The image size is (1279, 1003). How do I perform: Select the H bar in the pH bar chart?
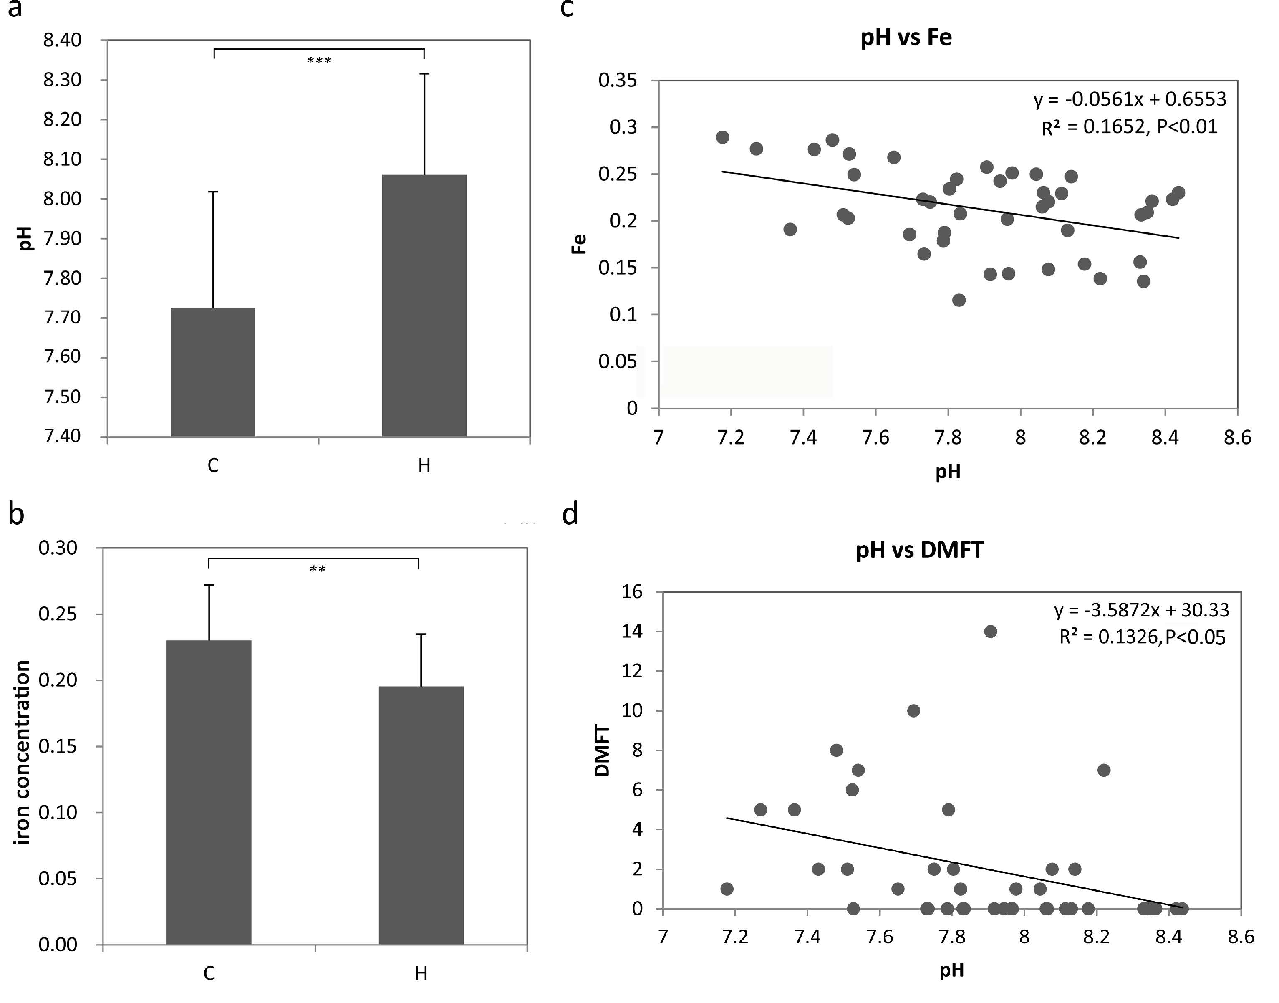424,306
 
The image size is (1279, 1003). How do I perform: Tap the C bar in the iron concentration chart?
209,792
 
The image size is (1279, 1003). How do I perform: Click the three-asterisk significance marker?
319,61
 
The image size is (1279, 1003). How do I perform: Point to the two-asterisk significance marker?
318,569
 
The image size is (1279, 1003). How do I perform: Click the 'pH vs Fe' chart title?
906,38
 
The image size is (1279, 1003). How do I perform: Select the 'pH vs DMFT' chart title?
919,550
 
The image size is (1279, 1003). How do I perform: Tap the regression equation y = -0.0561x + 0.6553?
1130,99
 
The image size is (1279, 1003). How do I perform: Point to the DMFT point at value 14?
990,631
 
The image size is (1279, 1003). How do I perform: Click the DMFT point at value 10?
913,710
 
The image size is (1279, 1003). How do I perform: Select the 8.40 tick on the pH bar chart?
62,40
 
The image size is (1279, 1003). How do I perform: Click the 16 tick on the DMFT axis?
633,591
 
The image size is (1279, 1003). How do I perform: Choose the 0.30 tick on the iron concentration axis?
58,548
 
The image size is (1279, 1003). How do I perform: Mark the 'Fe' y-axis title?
579,244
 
